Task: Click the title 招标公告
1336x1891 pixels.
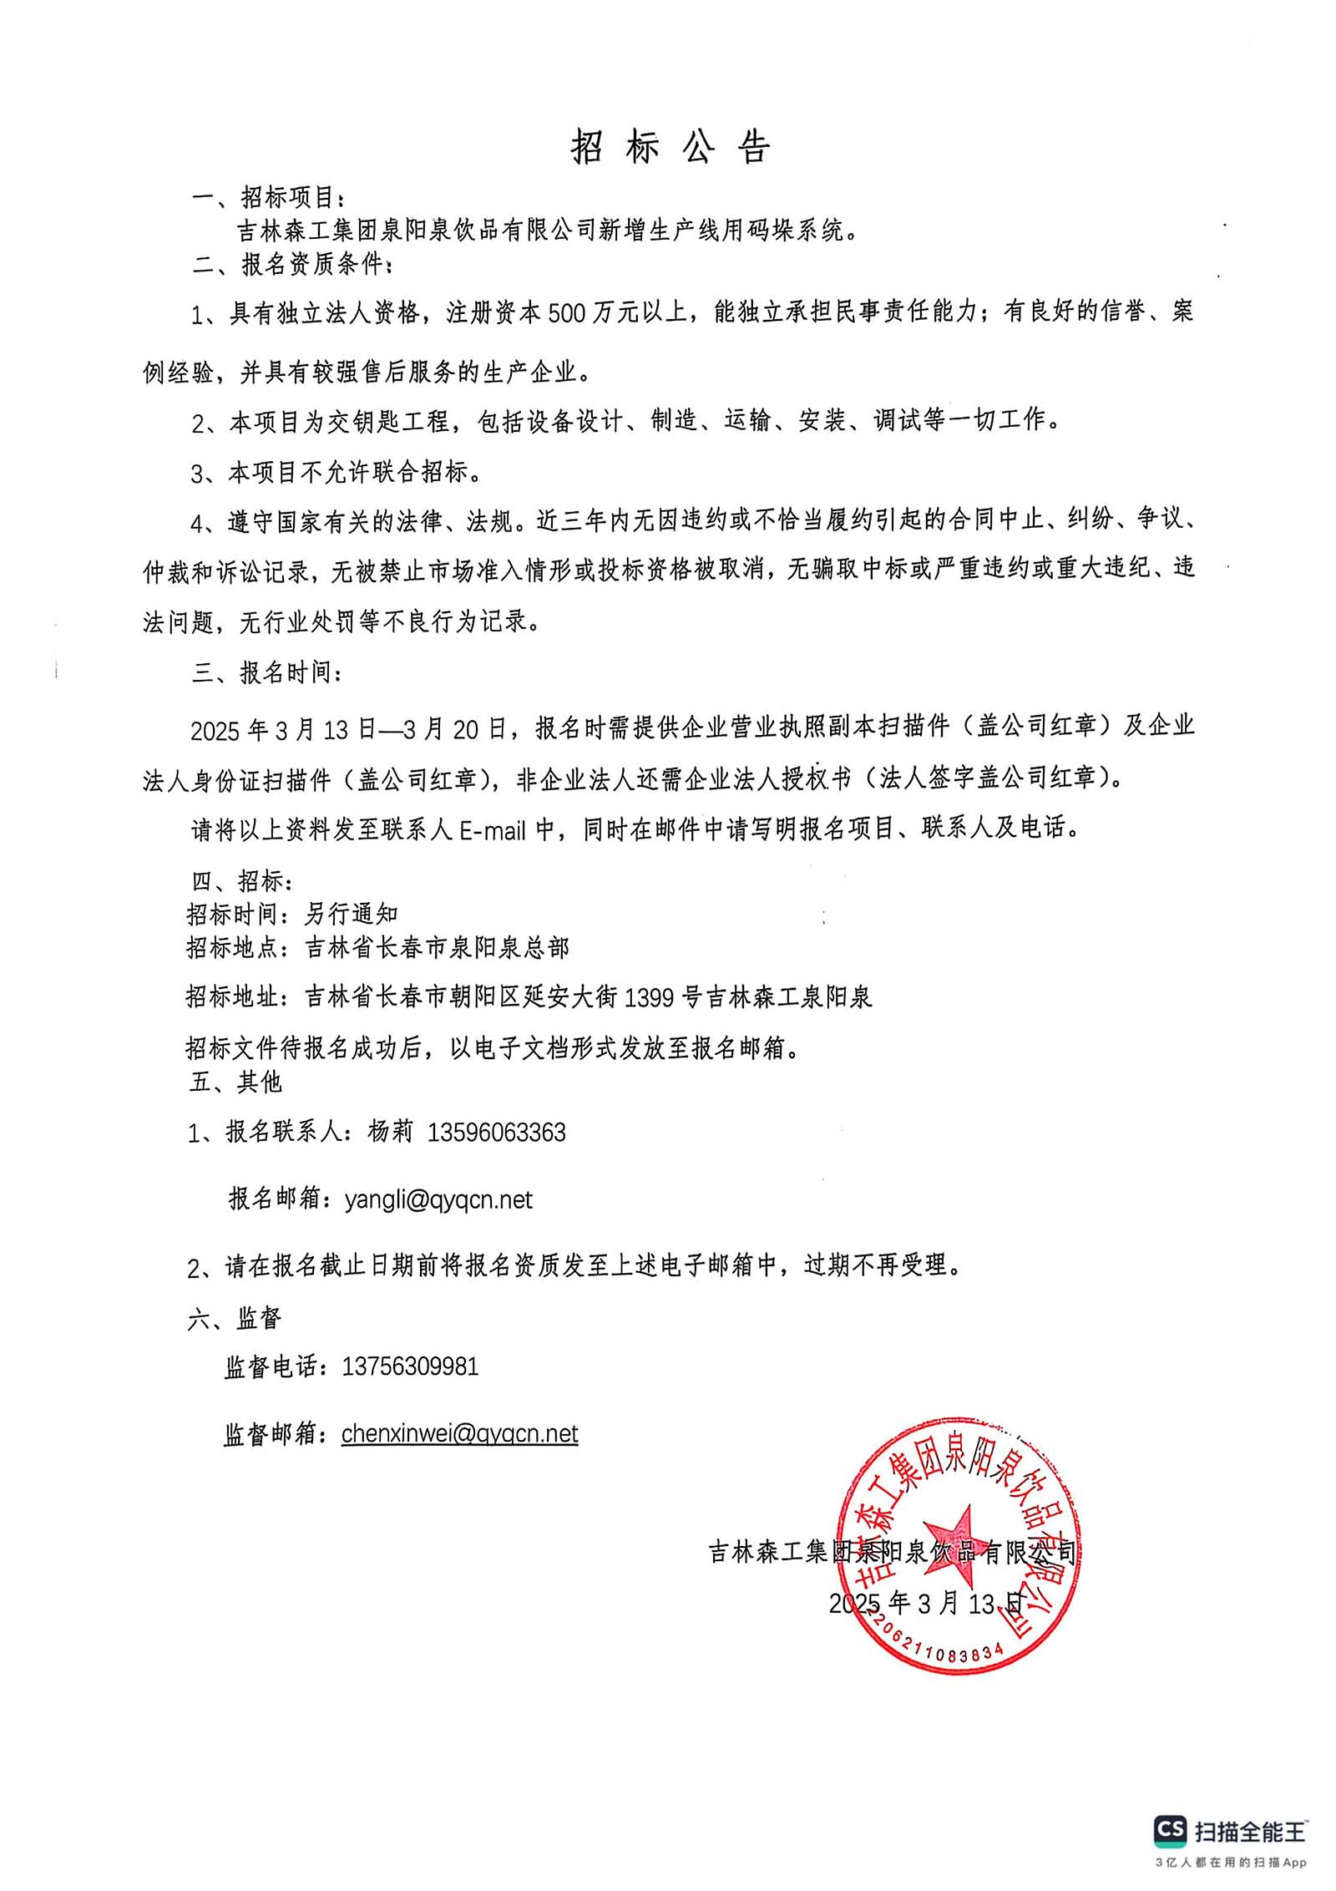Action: pyautogui.click(x=671, y=147)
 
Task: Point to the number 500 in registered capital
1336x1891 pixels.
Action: pyautogui.click(x=567, y=313)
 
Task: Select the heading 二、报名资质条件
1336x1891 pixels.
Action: pyautogui.click(x=291, y=264)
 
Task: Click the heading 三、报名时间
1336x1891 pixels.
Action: pyautogui.click(x=266, y=672)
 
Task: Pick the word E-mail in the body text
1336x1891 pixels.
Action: pyautogui.click(x=493, y=829)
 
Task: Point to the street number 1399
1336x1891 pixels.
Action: pyautogui.click(x=649, y=997)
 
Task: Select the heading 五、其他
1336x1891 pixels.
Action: pyautogui.click(x=236, y=1082)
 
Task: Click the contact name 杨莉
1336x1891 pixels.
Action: pyautogui.click(x=390, y=1132)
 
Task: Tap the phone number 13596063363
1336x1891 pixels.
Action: pyautogui.click(x=497, y=1133)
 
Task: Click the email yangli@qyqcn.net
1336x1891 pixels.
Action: pyautogui.click(x=438, y=1200)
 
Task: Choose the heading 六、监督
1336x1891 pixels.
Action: pyautogui.click(x=235, y=1319)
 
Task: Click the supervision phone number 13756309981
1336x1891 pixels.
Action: pyautogui.click(x=410, y=1366)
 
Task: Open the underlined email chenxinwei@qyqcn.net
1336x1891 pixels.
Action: pyautogui.click(x=459, y=1433)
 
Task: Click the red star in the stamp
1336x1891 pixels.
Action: pyautogui.click(x=957, y=1545)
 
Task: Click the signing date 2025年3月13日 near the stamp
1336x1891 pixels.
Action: pyautogui.click(x=925, y=1602)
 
